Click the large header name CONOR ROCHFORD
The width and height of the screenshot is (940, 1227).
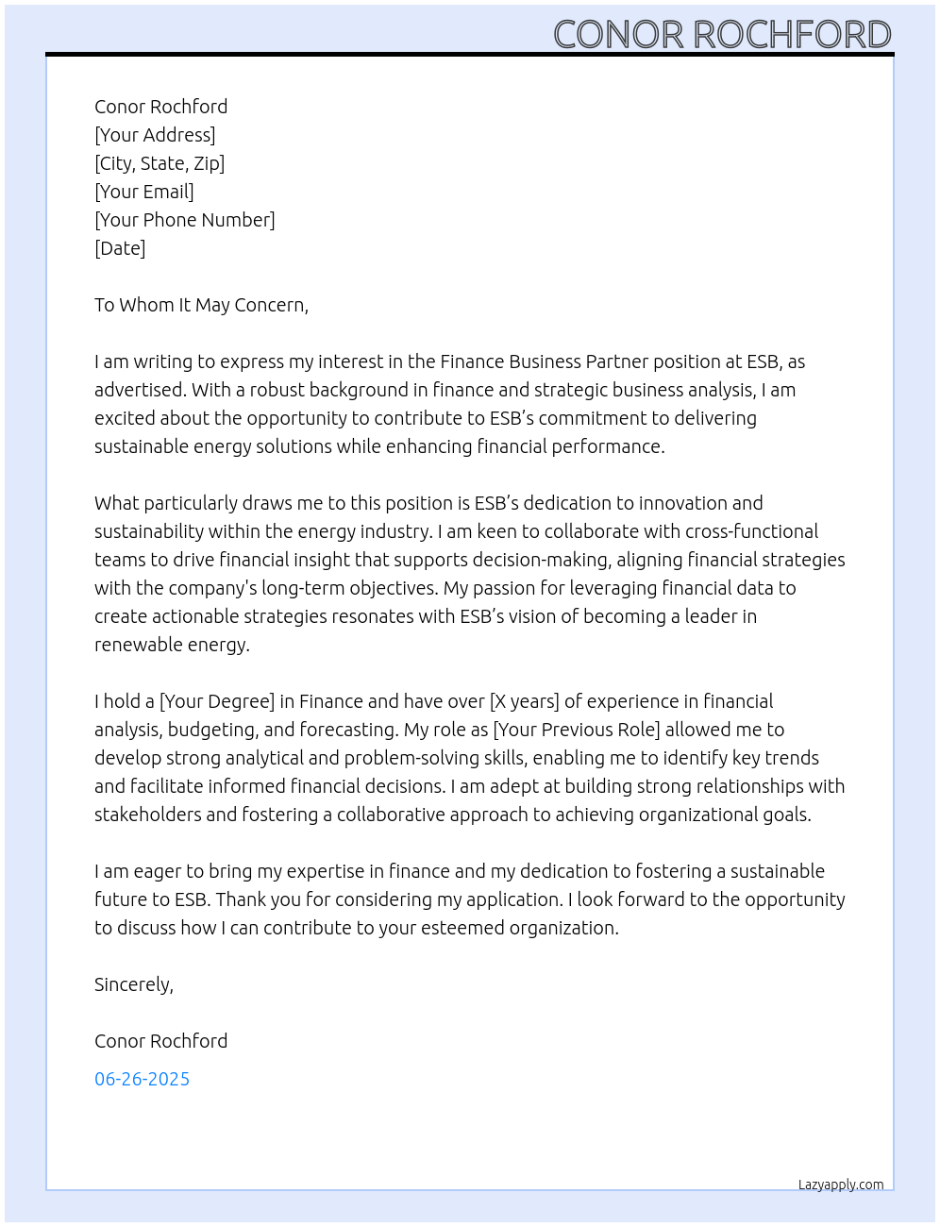(722, 35)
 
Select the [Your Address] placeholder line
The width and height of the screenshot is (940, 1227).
(155, 135)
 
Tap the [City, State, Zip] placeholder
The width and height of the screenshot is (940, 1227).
(159, 163)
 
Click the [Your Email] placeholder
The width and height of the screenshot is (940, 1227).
(144, 192)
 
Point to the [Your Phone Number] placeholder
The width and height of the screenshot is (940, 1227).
(185, 220)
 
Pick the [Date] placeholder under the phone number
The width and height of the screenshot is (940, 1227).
(120, 248)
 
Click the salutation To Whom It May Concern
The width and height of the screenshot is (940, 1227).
(201, 305)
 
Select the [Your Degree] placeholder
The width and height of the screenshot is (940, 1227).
(217, 701)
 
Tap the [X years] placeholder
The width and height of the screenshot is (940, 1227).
(524, 701)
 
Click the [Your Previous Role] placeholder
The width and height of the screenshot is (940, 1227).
(577, 730)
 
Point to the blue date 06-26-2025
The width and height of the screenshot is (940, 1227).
(143, 1079)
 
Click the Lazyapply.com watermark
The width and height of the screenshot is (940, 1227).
(841, 1185)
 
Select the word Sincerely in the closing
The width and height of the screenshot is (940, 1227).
(133, 984)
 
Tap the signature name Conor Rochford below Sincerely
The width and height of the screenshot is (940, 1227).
(161, 1041)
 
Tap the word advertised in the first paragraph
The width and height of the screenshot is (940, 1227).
(140, 390)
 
